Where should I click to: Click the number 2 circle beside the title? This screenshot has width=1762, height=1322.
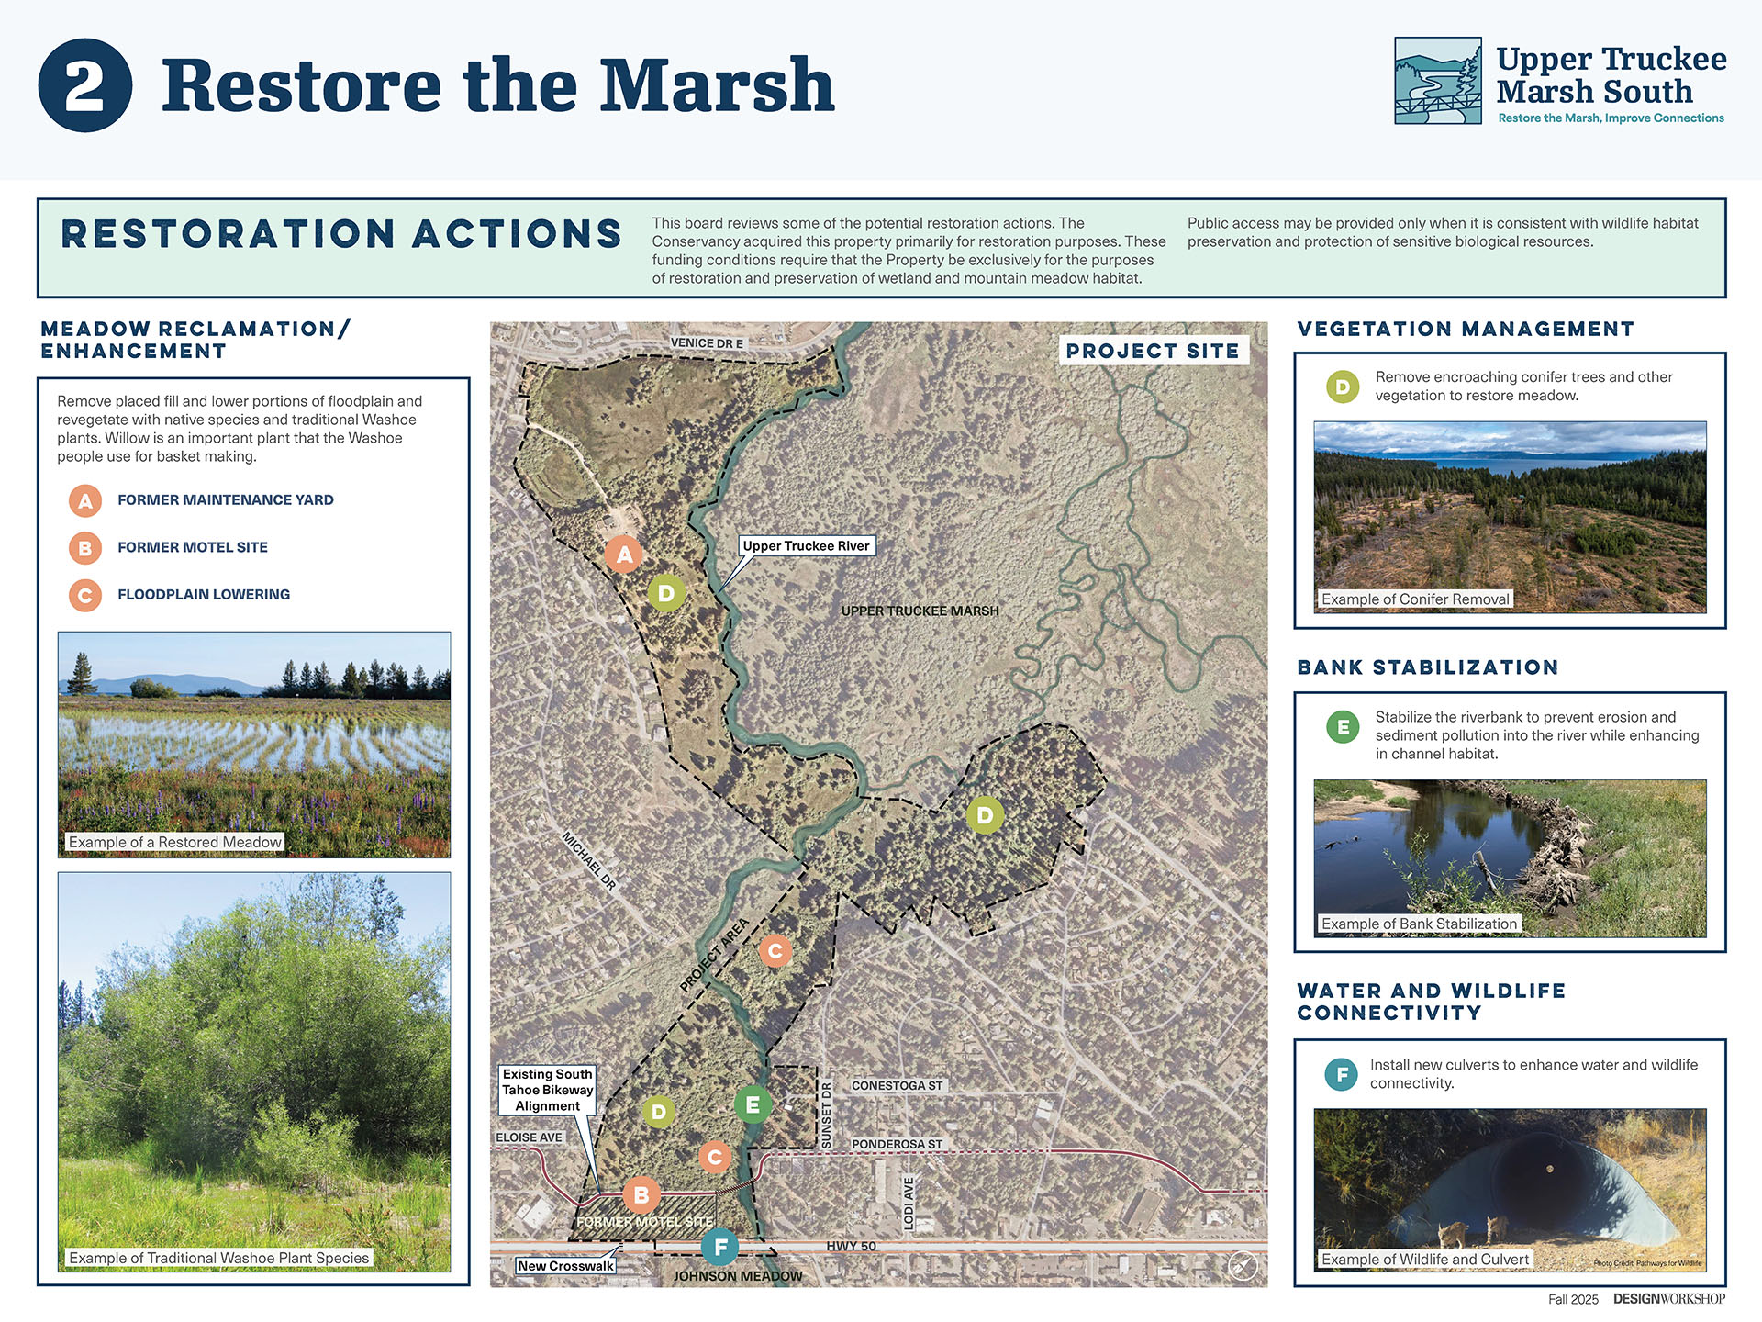pyautogui.click(x=85, y=85)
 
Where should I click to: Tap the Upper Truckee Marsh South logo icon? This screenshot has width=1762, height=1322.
pyautogui.click(x=1438, y=81)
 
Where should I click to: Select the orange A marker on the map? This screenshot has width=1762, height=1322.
pyautogui.click(x=624, y=555)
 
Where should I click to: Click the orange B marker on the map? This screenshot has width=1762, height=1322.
pyautogui.click(x=641, y=1195)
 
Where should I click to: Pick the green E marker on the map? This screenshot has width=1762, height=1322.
pyautogui.click(x=753, y=1104)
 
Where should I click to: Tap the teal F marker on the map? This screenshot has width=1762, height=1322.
pyautogui.click(x=720, y=1247)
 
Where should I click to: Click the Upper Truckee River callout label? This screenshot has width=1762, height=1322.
pyautogui.click(x=806, y=546)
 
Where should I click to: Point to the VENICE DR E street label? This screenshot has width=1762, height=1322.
pyautogui.click(x=707, y=343)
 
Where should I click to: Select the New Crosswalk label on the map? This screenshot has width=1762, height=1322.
pyautogui.click(x=565, y=1266)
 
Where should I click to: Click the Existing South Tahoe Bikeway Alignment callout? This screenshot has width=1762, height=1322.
pyautogui.click(x=548, y=1090)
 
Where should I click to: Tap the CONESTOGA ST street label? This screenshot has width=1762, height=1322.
pyautogui.click(x=897, y=1086)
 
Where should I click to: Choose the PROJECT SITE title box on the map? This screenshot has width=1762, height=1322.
pyautogui.click(x=1154, y=351)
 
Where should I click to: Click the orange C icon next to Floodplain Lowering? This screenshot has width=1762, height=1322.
pyautogui.click(x=85, y=595)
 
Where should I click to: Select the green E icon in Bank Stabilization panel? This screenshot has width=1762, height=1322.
pyautogui.click(x=1343, y=728)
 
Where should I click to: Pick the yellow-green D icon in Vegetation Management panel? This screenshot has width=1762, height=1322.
pyautogui.click(x=1343, y=387)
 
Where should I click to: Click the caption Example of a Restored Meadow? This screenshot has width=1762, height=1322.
pyautogui.click(x=175, y=842)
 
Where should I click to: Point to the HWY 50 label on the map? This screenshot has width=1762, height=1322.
pyautogui.click(x=851, y=1246)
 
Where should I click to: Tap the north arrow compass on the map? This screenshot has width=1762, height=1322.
pyautogui.click(x=1243, y=1265)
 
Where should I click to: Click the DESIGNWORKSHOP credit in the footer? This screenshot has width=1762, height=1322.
pyautogui.click(x=1669, y=1299)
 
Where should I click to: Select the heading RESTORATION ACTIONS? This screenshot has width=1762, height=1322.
pyautogui.click(x=341, y=234)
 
